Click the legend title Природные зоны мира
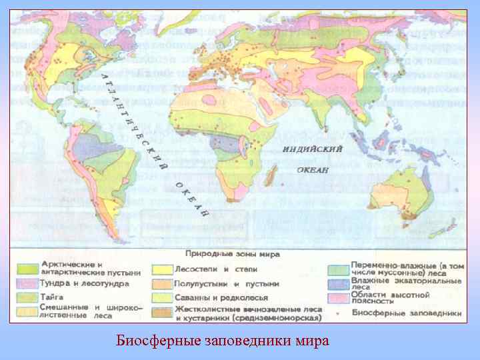[x=231, y=254]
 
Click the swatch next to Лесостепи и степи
[x=161, y=269]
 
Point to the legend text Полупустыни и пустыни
[x=227, y=283]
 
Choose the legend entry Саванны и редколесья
[x=221, y=297]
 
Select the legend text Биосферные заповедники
[x=406, y=312]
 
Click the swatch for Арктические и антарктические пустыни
[x=27, y=269]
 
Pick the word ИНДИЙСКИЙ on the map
[x=312, y=149]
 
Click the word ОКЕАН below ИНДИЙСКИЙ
[x=313, y=170]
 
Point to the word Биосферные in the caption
[x=149, y=341]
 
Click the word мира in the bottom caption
[x=313, y=341]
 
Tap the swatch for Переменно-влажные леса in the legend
[x=339, y=269]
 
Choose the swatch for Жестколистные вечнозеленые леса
[x=161, y=311]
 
